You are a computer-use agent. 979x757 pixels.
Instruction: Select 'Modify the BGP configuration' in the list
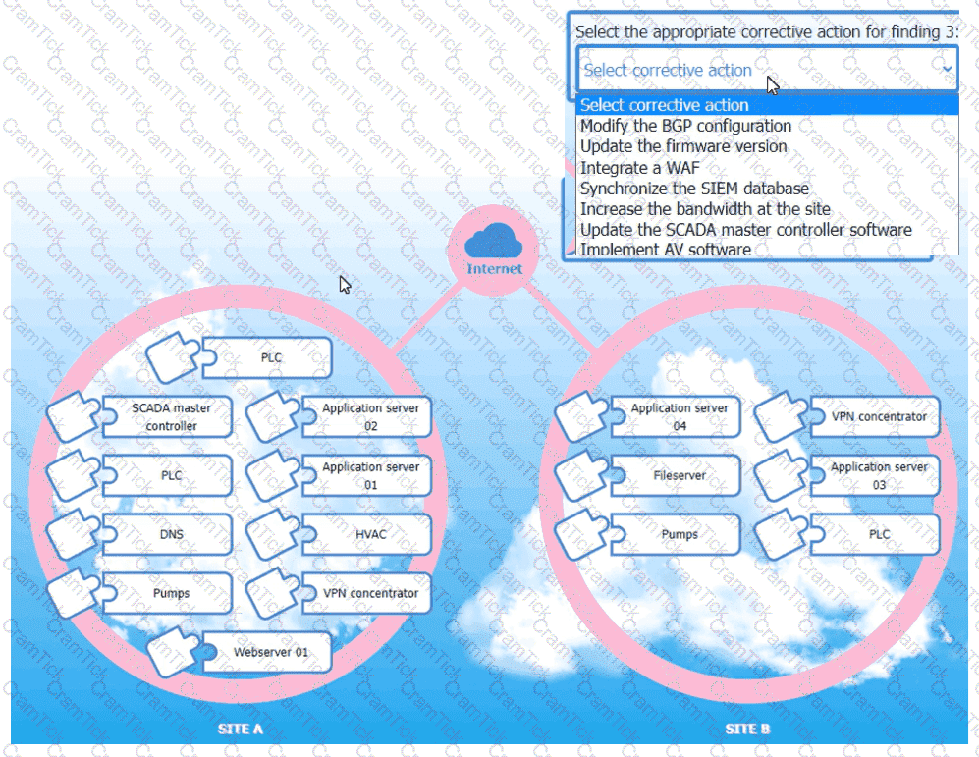click(685, 126)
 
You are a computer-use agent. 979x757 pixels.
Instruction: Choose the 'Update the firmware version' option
click(683, 146)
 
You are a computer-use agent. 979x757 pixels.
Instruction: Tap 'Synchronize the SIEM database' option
click(694, 189)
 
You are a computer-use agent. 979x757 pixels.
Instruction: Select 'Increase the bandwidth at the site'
click(705, 209)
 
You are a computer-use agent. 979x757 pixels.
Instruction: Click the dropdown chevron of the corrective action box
click(947, 70)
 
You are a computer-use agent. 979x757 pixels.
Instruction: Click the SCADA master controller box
click(171, 416)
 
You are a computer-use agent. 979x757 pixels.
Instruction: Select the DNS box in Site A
click(171, 534)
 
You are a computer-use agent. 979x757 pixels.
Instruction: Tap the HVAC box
click(370, 534)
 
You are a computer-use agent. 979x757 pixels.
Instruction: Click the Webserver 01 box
click(270, 652)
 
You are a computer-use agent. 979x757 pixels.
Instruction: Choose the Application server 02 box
click(370, 416)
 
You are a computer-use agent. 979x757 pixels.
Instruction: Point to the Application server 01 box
click(370, 475)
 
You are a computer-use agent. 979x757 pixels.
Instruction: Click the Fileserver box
click(680, 475)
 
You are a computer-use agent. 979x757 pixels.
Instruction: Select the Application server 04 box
click(680, 416)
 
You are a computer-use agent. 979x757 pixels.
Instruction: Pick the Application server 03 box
click(879, 475)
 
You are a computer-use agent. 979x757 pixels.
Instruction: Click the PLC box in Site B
click(879, 534)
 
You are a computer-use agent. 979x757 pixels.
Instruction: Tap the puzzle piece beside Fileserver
click(581, 475)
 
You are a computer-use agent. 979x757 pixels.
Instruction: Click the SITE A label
click(240, 730)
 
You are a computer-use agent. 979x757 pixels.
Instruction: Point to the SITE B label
click(747, 730)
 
